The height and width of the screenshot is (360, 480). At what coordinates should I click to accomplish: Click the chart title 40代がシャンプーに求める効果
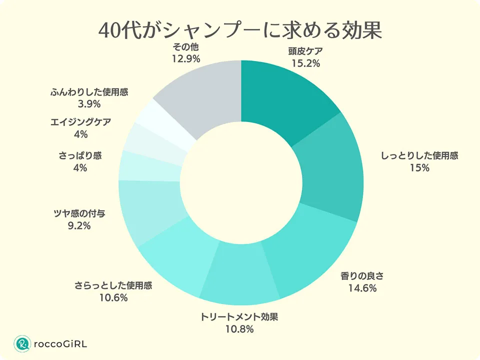tap(240, 30)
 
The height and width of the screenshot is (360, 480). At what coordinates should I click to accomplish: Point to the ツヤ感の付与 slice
tap(147, 210)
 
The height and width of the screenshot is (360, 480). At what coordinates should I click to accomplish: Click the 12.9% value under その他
tap(185, 59)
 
